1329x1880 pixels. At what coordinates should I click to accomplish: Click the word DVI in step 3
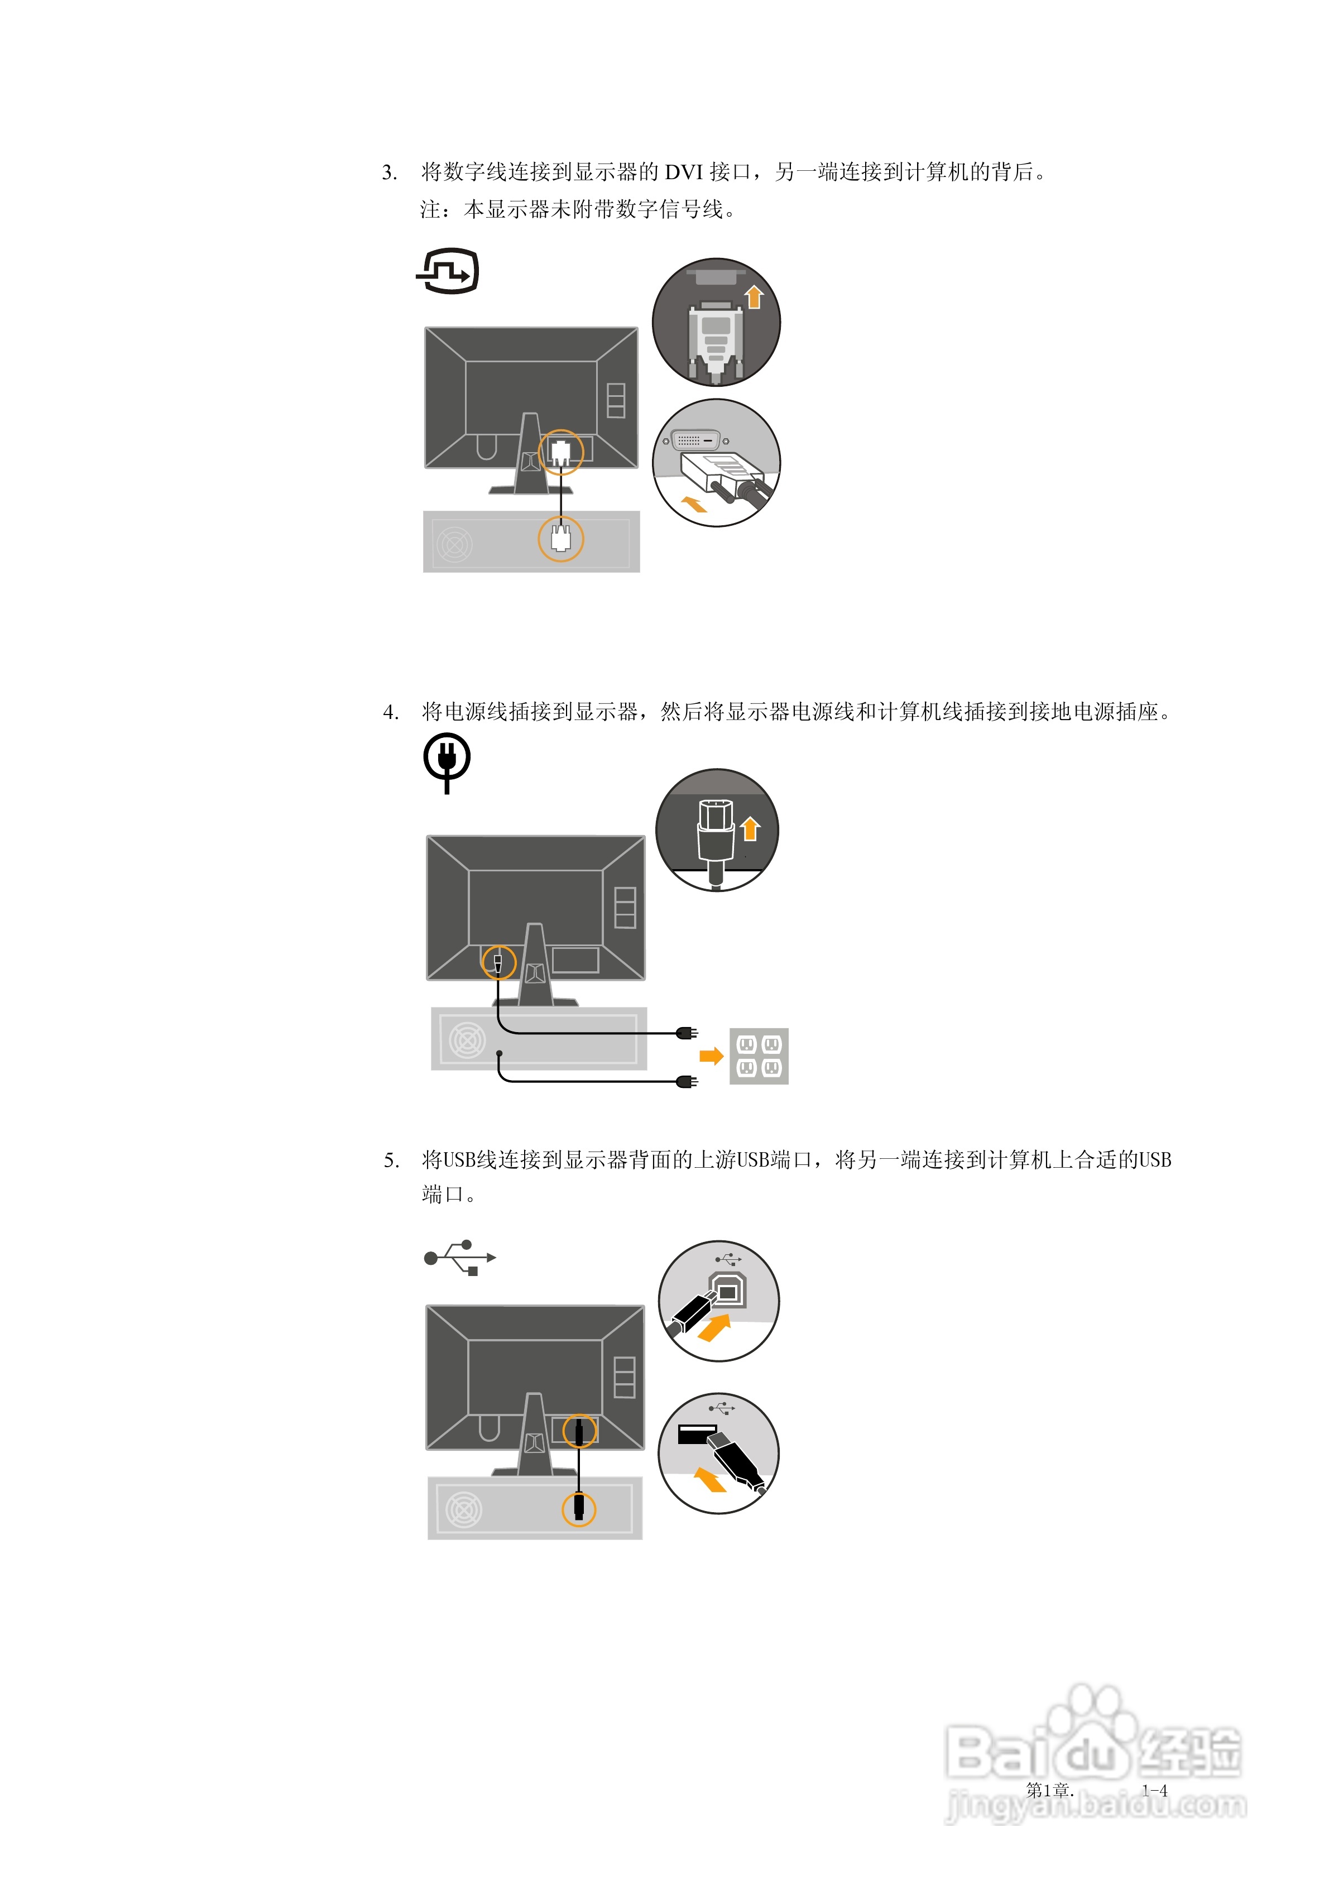[683, 172]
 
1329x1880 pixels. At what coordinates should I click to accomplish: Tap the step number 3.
[389, 173]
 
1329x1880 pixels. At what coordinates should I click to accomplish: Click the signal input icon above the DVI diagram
[448, 271]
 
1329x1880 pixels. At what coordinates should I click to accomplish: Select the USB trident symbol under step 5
[459, 1257]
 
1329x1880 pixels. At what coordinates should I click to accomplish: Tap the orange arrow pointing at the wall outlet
[711, 1056]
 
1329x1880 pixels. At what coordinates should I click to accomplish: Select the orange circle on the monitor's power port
[498, 962]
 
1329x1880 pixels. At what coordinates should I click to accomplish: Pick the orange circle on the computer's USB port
[578, 1508]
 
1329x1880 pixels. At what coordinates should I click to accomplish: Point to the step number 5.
[391, 1160]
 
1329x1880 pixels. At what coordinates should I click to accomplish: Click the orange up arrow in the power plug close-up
[750, 829]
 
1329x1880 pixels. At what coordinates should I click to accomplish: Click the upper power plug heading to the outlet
[686, 1033]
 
